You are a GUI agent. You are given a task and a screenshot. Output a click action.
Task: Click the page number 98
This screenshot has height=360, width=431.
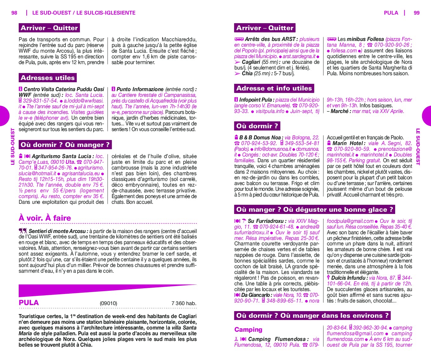14,13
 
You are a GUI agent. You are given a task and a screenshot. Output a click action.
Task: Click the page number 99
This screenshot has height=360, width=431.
416,13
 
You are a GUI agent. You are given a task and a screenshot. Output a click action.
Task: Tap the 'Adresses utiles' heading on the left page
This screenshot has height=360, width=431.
48,78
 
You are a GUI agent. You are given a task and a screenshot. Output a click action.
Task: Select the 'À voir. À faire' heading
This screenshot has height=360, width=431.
45,218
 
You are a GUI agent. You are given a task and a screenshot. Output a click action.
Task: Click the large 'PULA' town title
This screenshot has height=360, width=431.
29,303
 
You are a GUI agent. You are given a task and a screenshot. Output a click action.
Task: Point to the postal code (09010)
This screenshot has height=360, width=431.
108,303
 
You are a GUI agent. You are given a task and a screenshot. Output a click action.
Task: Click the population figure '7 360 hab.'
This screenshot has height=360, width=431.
184,303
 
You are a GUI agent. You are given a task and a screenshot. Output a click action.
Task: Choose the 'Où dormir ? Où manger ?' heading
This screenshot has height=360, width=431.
65,145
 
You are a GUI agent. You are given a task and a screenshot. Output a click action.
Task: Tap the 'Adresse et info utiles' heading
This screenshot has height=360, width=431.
274,88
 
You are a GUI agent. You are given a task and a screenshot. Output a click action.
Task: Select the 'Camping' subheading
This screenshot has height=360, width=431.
248,330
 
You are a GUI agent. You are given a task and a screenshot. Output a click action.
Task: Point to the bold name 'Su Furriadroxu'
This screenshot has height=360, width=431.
266,221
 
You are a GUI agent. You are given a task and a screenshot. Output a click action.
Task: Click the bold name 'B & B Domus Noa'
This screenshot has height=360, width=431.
260,137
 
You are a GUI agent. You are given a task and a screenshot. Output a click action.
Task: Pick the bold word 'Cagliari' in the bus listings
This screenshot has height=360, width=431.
251,62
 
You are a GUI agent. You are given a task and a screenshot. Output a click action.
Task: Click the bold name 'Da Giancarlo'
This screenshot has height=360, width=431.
255,295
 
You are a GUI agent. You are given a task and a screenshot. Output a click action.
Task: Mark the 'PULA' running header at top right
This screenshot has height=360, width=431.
391,13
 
